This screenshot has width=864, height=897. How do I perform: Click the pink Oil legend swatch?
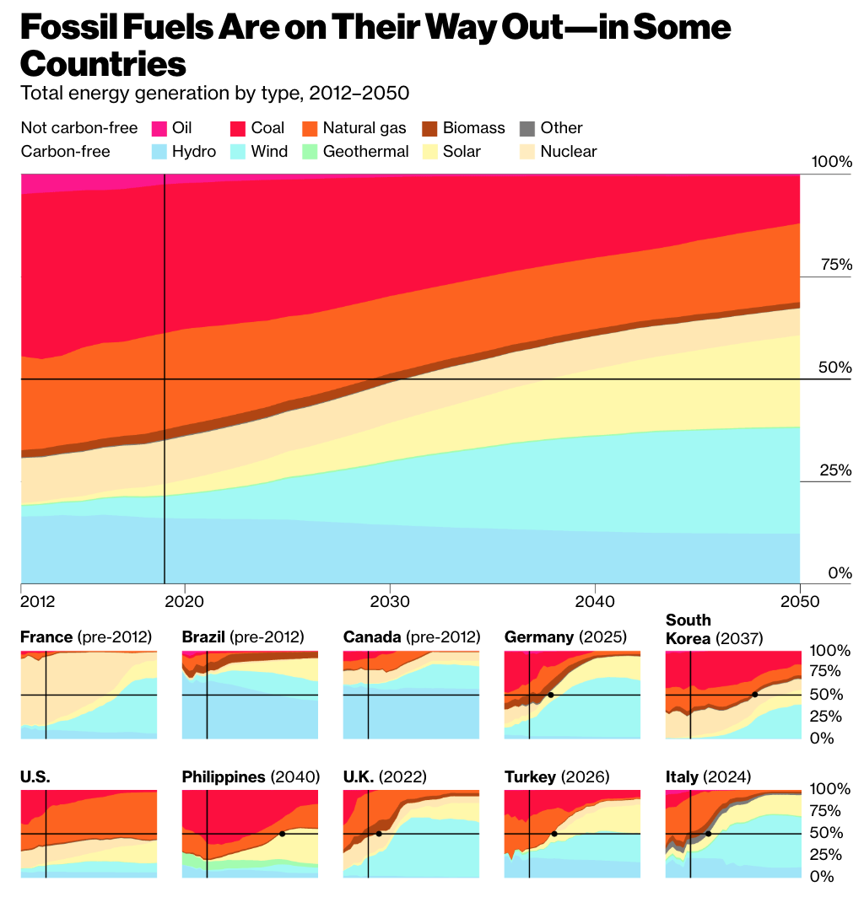pos(159,128)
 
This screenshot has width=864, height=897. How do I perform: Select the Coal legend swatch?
pos(239,128)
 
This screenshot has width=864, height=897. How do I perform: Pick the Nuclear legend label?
pos(568,152)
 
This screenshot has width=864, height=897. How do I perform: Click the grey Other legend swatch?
pos(527,128)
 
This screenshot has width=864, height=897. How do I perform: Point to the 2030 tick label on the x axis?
pos(390,602)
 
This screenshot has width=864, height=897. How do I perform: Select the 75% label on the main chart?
pos(837,265)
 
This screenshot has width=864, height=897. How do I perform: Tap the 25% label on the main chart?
pos(837,470)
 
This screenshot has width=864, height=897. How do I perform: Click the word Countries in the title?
pos(102,63)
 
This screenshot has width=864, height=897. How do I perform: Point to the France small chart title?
pos(46,636)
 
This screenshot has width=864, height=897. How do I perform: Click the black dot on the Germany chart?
pos(550,695)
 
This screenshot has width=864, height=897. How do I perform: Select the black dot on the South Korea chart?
pos(754,695)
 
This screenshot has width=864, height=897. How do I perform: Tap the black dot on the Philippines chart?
pos(282,834)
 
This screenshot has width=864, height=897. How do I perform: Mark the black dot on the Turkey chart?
pos(554,834)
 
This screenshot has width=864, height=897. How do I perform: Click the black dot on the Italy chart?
pos(708,834)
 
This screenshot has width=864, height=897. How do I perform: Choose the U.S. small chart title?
pos(35,776)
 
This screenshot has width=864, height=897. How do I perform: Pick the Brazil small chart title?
pos(203,636)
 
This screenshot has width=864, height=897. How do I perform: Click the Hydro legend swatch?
pos(159,152)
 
